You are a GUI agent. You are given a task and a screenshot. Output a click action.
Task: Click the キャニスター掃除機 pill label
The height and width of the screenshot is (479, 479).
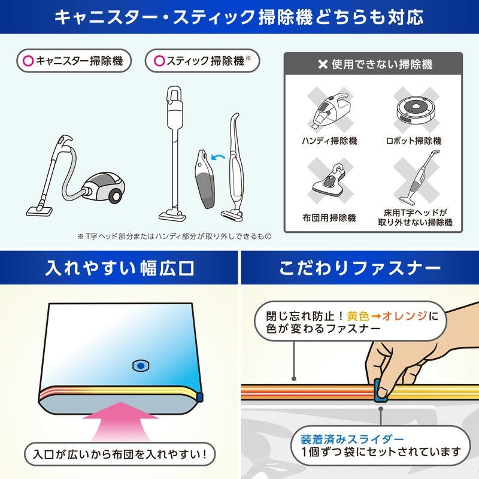(x=74, y=60)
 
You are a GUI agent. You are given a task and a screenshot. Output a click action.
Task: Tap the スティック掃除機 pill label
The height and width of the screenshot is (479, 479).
(x=202, y=60)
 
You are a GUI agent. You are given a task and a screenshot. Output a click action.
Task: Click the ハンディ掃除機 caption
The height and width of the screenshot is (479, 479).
(x=329, y=141)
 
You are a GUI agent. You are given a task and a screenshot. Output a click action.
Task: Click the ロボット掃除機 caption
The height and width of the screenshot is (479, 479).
(x=414, y=141)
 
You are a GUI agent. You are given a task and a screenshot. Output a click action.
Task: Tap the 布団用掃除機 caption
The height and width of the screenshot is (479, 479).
(x=329, y=218)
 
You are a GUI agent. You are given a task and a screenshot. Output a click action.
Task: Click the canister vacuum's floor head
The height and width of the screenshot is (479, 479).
(x=39, y=211)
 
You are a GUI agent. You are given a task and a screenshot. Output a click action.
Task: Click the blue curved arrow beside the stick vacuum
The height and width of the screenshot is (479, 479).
(x=217, y=157)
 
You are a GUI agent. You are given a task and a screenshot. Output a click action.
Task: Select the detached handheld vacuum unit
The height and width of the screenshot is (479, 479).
(x=205, y=178)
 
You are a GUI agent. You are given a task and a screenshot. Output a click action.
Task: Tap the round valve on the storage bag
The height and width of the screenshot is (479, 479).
(x=141, y=366)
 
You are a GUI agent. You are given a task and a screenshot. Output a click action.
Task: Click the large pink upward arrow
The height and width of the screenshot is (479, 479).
(x=121, y=422)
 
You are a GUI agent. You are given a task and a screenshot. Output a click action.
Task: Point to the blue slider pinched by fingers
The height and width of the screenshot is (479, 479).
(x=381, y=390)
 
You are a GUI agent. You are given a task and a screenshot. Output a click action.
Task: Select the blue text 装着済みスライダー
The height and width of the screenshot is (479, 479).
(x=352, y=439)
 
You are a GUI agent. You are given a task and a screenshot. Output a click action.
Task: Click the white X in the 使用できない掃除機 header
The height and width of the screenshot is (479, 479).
(x=323, y=65)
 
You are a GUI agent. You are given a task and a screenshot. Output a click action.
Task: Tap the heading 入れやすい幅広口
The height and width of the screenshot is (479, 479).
(x=119, y=268)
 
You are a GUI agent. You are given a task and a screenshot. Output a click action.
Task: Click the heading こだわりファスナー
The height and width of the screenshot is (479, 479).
(x=360, y=268)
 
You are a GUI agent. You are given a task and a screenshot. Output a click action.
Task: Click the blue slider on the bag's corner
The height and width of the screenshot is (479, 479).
(x=200, y=396)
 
